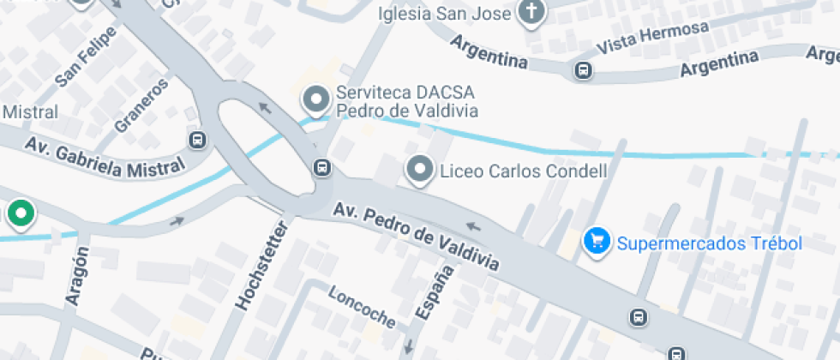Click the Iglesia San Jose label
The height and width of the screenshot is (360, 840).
tap(445, 15)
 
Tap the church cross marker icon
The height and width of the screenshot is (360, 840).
tap(531, 12)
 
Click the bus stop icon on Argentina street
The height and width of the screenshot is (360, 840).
tap(584, 69)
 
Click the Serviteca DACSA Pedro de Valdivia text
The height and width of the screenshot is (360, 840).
tap(406, 102)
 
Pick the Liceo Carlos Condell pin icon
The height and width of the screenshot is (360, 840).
tap(420, 170)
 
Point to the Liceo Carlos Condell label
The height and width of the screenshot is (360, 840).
tap(523, 171)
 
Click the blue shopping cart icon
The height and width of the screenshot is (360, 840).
tap(596, 241)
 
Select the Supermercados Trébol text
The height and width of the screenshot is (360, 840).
tap(709, 243)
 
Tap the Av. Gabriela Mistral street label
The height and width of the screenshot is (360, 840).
tap(105, 158)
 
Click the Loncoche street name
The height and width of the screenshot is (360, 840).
tap(363, 306)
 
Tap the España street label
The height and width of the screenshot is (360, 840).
tap(434, 293)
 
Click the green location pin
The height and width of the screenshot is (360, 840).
tap(20, 213)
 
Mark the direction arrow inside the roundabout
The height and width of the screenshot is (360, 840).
tap(265, 108)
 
